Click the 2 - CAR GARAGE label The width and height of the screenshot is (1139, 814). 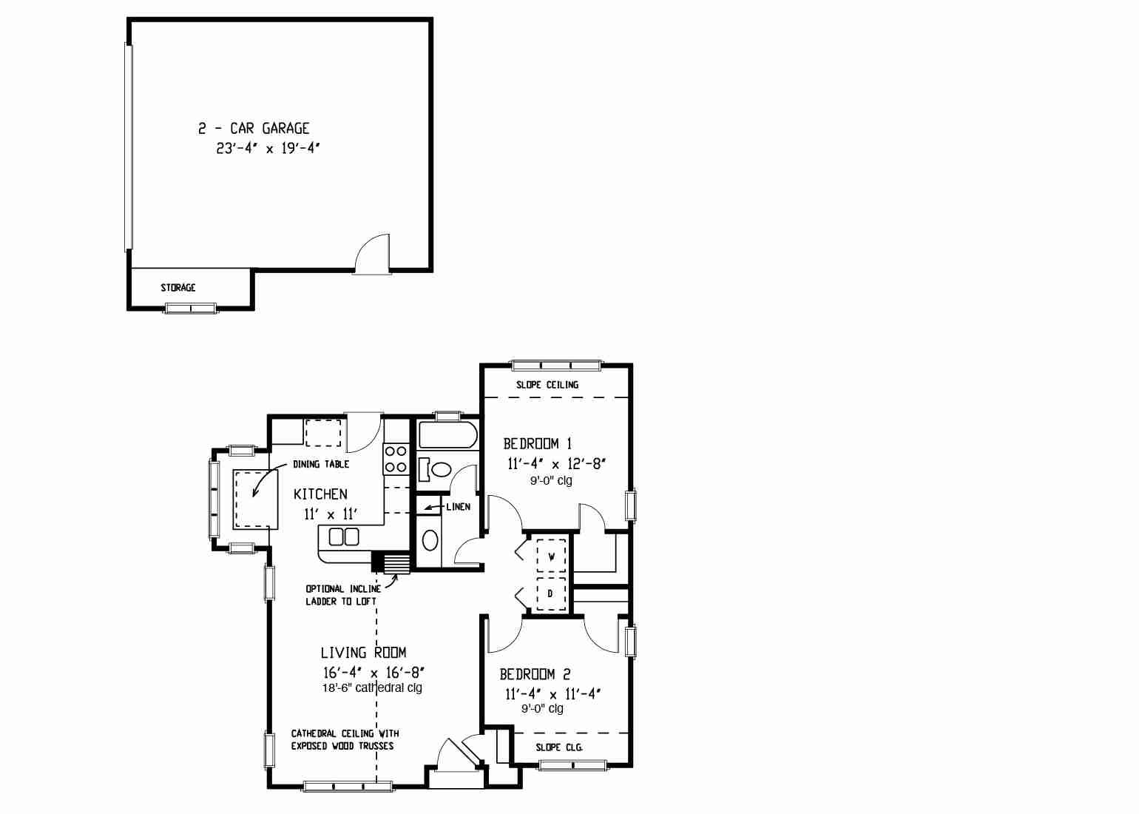tap(254, 128)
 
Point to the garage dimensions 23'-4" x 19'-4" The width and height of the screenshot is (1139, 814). tap(268, 148)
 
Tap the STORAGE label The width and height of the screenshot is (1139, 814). tap(178, 287)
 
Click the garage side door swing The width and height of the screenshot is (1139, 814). tap(372, 254)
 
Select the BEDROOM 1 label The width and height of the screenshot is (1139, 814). tap(537, 444)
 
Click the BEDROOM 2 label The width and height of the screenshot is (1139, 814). tap(535, 674)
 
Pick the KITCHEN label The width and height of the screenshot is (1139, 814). tap(320, 494)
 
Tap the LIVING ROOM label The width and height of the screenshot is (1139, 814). tap(364, 652)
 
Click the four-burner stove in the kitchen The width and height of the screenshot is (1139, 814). tap(396, 459)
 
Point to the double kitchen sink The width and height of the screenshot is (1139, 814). tap(344, 536)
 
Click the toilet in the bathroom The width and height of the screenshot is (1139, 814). tap(435, 469)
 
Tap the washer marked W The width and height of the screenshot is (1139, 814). tap(551, 556)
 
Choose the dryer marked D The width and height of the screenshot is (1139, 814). tap(551, 593)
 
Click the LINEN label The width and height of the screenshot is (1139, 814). tap(458, 507)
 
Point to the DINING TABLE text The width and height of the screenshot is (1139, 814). tap(321, 464)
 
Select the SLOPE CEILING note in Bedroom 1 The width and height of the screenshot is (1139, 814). tap(547, 385)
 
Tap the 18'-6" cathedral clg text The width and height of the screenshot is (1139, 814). tap(372, 688)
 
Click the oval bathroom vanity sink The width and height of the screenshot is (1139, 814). tap(430, 540)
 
